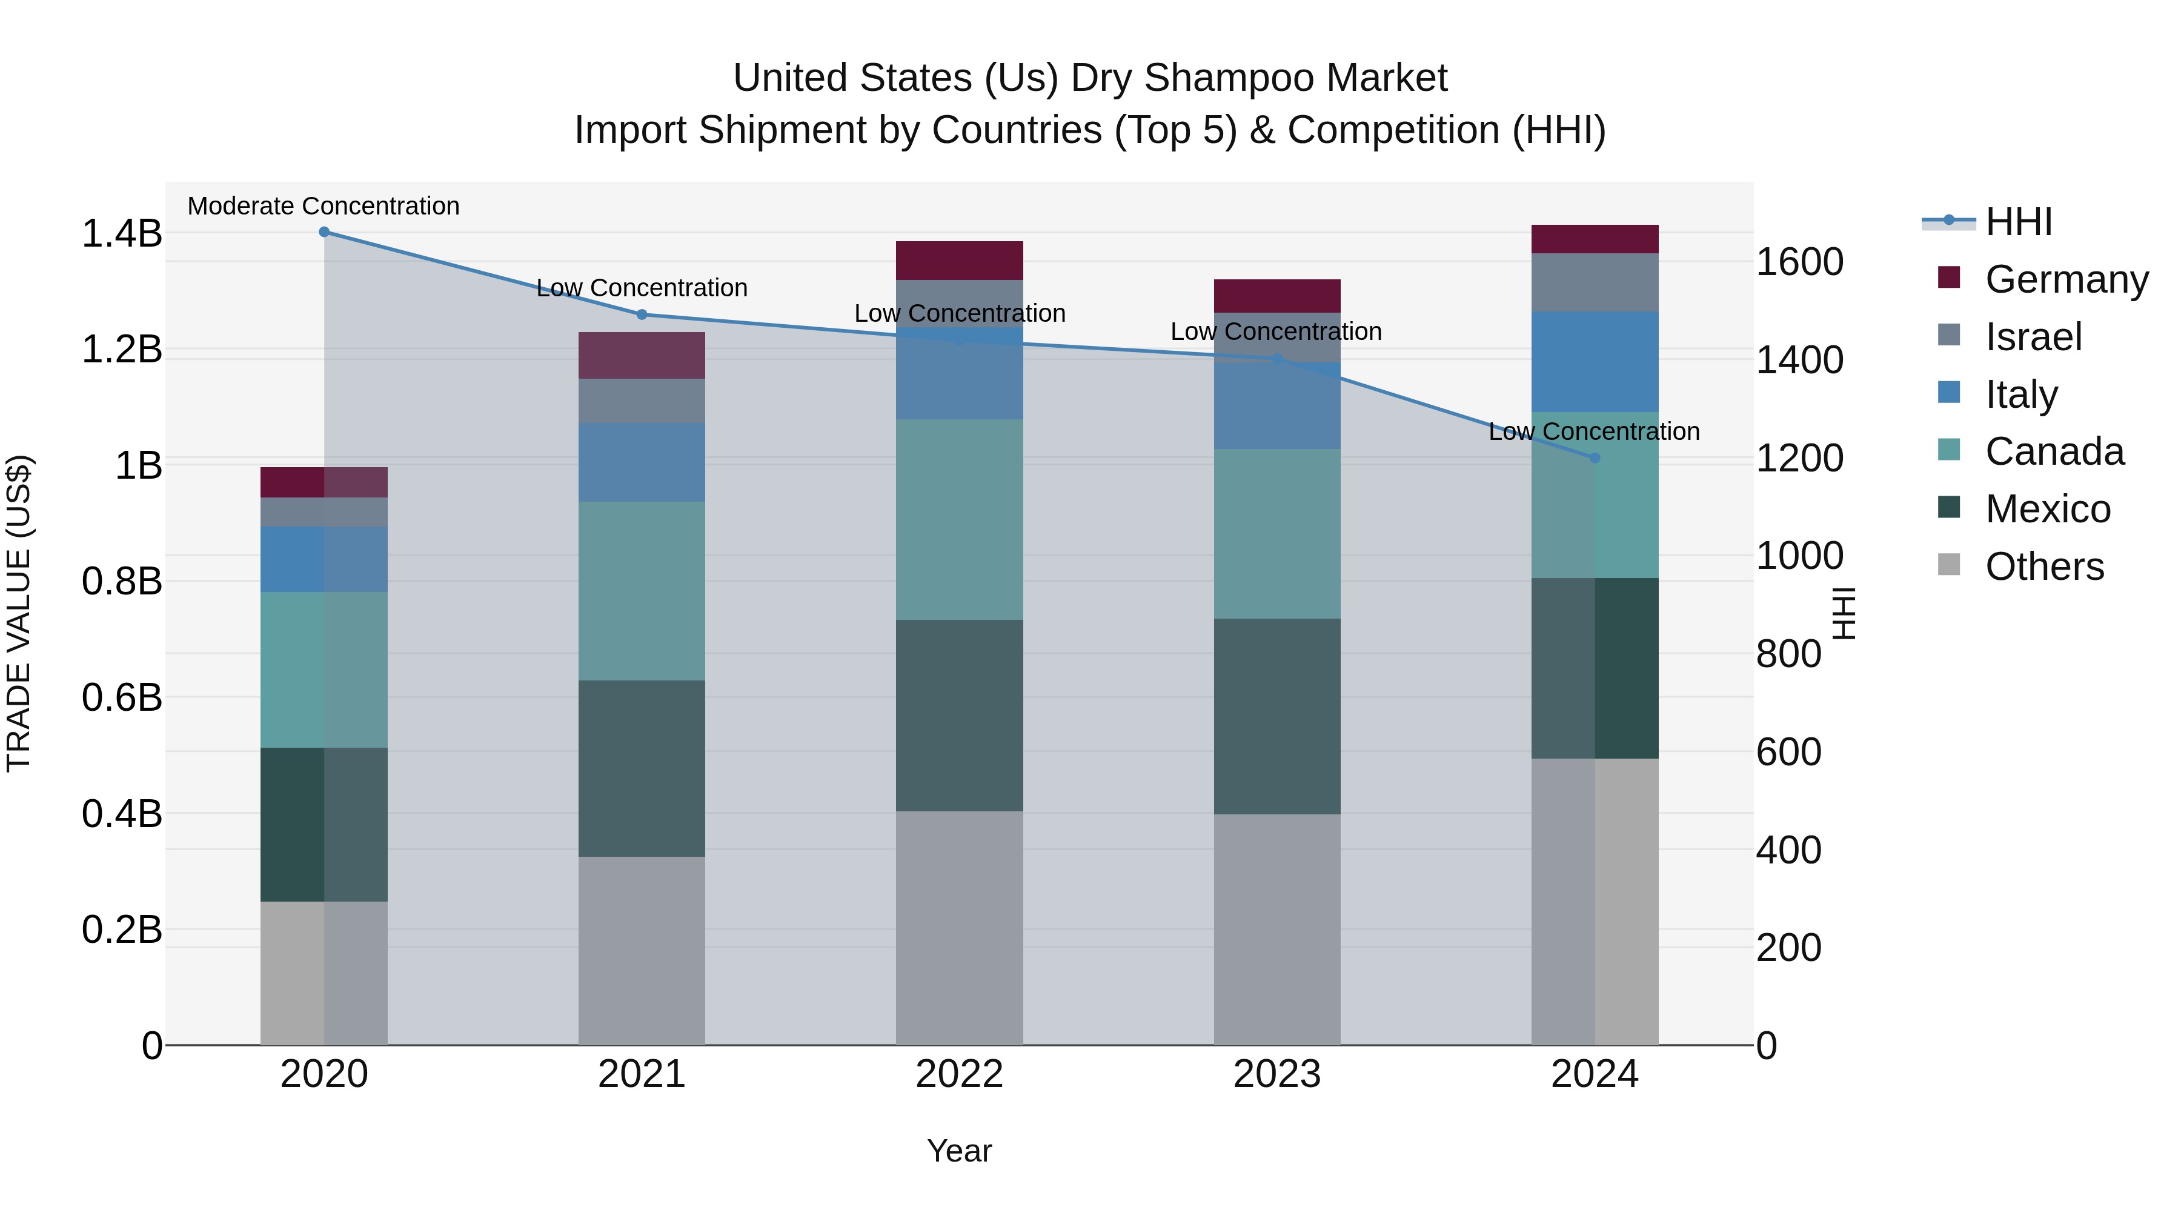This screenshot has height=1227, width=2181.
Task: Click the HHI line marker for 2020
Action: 324,232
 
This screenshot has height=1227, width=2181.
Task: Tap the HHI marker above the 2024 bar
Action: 1595,458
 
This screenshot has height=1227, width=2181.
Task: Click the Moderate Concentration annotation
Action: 324,207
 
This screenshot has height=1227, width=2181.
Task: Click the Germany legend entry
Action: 2066,279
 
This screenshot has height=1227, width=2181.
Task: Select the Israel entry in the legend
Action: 2032,337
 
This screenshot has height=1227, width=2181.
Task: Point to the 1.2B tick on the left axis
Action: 122,350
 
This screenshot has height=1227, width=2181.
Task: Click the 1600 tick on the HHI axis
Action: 1799,262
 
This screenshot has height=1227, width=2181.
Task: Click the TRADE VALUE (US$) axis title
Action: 19,613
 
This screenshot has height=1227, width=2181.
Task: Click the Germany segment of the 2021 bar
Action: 642,356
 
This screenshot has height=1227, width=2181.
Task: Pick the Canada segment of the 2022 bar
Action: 959,519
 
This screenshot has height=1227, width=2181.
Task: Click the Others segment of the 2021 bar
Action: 642,950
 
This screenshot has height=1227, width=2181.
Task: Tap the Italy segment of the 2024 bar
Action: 1595,362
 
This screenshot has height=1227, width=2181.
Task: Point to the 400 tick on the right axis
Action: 1788,850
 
